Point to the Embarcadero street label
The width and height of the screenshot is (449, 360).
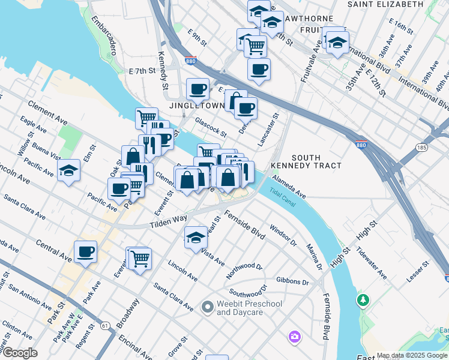click(x=104, y=29)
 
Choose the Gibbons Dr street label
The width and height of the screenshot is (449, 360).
click(x=292, y=281)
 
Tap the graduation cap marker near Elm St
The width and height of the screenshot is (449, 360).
click(x=69, y=170)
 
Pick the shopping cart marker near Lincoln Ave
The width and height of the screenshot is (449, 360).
click(x=140, y=259)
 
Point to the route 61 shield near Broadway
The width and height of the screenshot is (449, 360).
click(x=106, y=326)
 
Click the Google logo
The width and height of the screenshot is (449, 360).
click(x=20, y=353)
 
